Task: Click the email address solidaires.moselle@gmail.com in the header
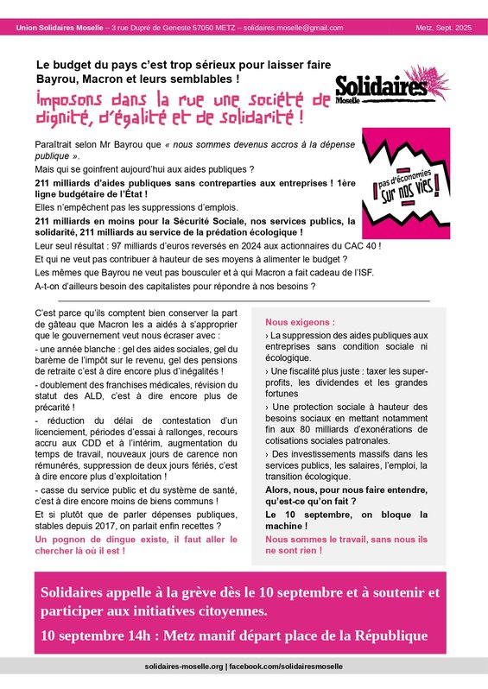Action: (293, 28)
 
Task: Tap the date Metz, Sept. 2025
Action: (442, 28)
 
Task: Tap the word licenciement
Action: (68, 431)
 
